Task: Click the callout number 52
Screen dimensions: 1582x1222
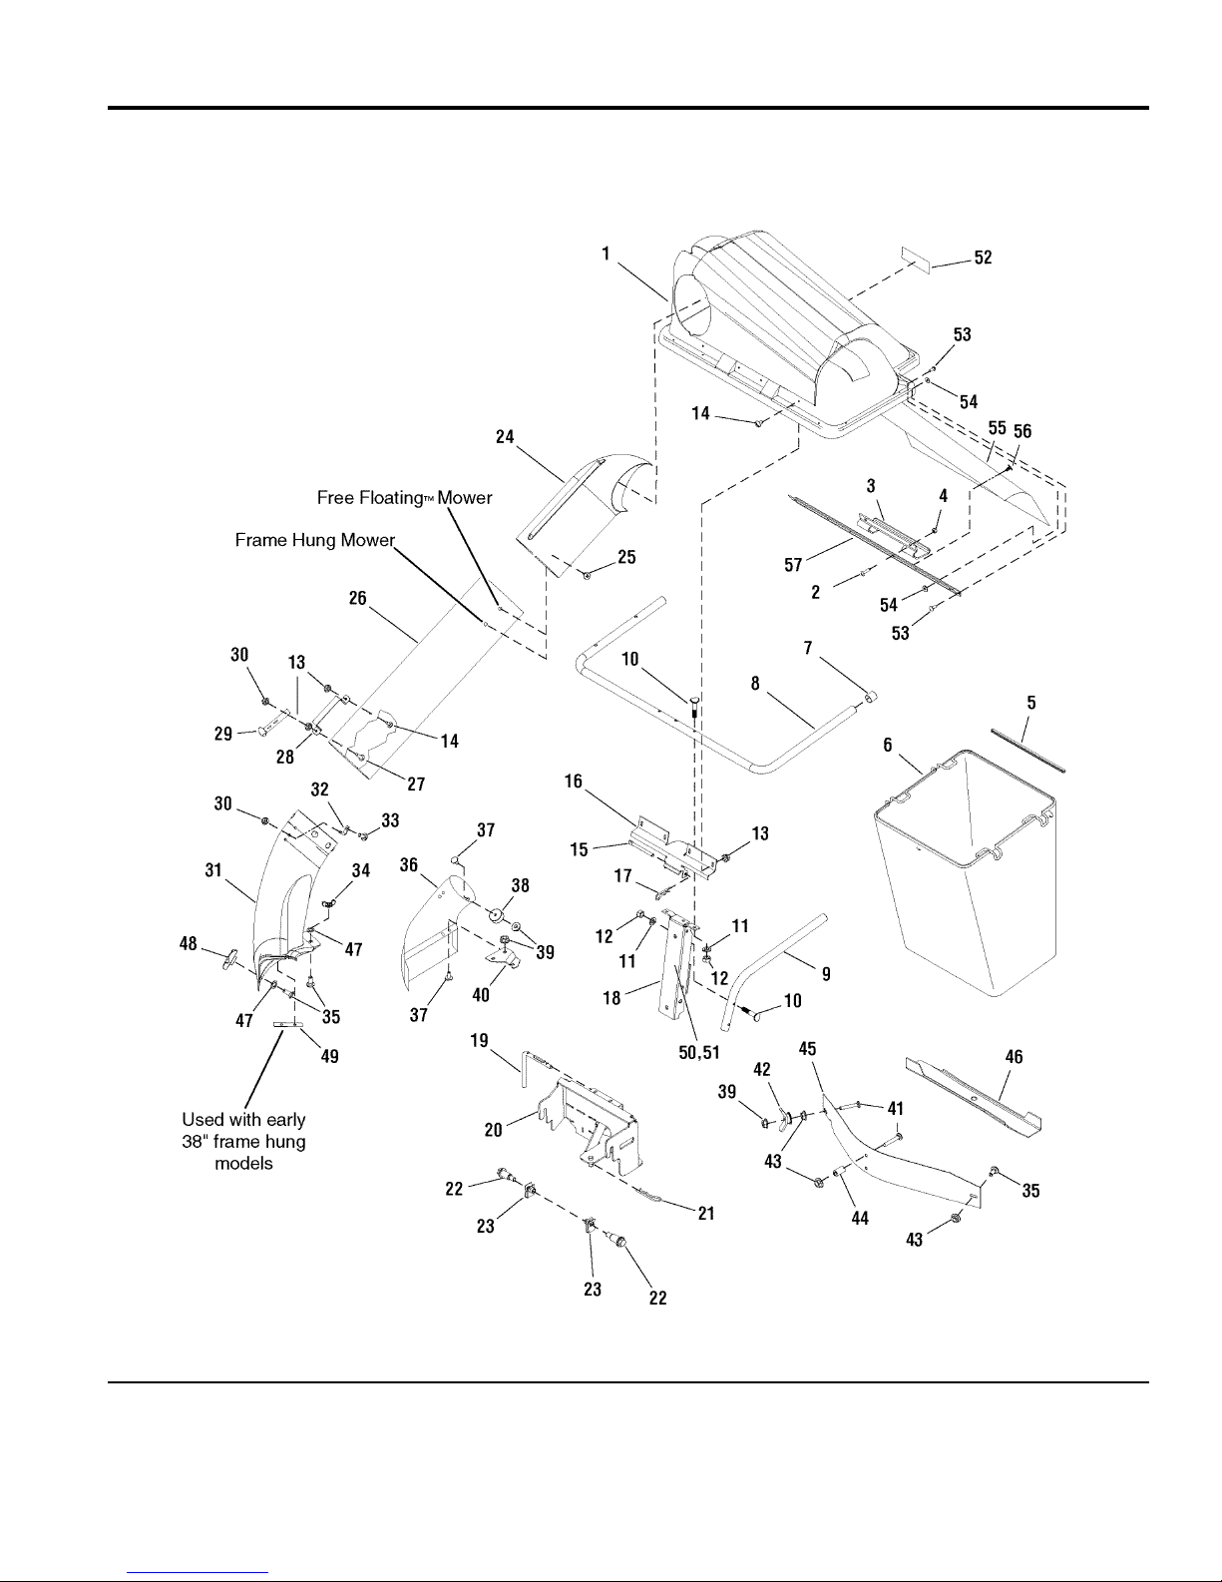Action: coord(983,258)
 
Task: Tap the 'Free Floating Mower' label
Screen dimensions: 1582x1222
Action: coord(404,497)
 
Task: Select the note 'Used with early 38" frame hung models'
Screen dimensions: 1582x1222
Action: coord(243,1142)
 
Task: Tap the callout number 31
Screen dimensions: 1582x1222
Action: coord(212,870)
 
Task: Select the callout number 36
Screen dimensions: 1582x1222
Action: coord(409,865)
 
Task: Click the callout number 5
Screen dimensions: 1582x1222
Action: coord(1031,703)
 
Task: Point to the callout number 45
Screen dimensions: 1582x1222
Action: coord(808,1049)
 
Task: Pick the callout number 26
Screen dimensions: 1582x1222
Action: coord(357,598)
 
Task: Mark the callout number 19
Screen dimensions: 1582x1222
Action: coord(479,1040)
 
